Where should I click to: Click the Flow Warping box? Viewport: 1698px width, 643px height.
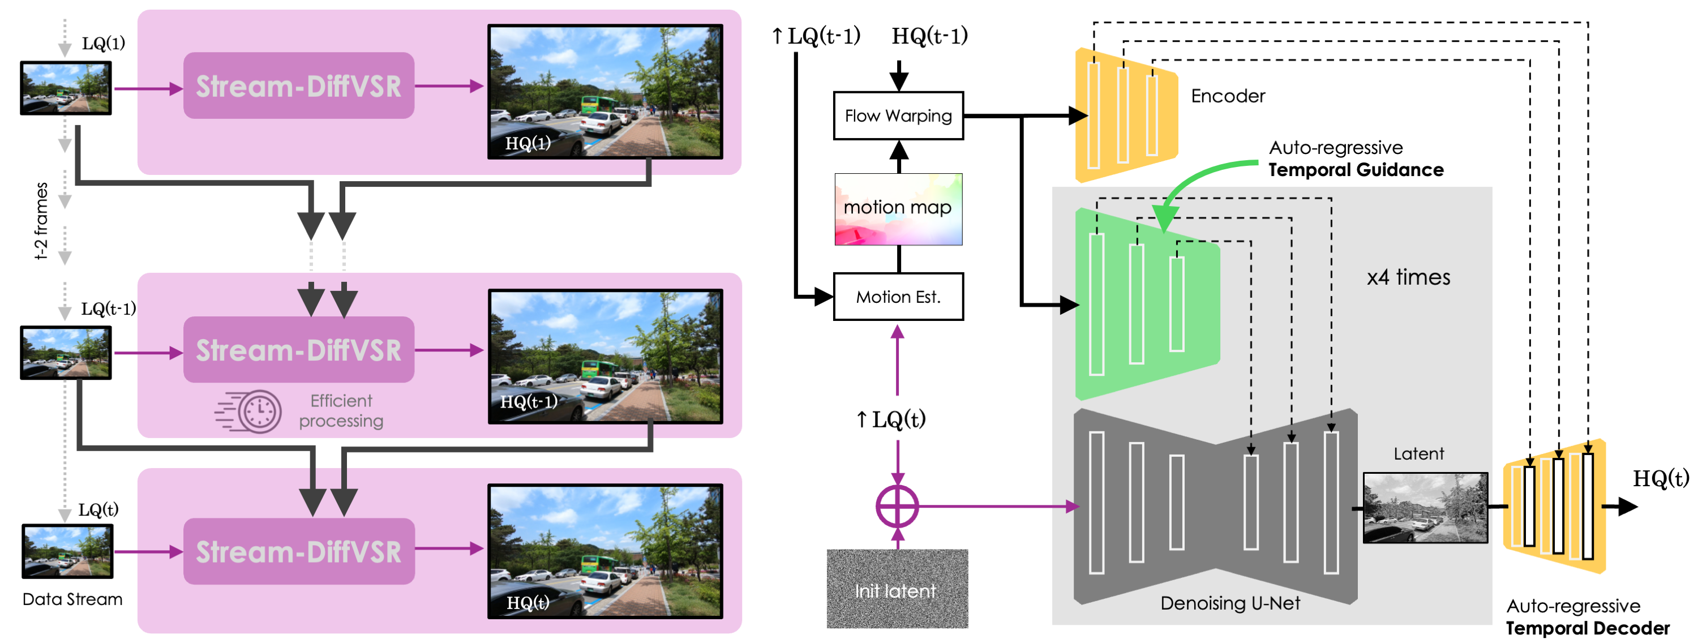(898, 116)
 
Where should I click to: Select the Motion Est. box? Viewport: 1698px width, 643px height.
(898, 297)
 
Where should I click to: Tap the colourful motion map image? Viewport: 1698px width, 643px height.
(898, 209)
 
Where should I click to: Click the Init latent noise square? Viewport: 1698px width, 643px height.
(897, 588)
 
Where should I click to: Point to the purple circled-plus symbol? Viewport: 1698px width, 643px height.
(897, 507)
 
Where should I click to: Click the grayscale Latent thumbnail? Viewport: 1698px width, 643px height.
(1425, 508)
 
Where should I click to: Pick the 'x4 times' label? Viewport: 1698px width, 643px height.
(1408, 277)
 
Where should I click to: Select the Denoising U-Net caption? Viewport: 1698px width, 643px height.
(1230, 603)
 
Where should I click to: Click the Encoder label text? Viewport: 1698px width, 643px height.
(1227, 96)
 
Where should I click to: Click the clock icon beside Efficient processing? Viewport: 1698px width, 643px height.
(259, 411)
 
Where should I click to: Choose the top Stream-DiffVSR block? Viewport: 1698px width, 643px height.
(299, 85)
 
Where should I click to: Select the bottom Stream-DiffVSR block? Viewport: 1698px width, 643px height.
(299, 551)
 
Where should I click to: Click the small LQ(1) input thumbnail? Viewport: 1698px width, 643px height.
(66, 88)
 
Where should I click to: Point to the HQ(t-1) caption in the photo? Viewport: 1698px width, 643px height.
(529, 401)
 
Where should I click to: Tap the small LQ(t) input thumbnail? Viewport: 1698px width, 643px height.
(67, 551)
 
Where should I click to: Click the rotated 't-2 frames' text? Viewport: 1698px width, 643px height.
(41, 221)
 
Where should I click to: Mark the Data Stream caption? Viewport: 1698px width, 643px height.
(72, 599)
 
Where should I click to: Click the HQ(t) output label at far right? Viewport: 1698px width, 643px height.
(1660, 478)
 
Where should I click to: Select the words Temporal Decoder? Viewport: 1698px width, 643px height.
(1587, 628)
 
